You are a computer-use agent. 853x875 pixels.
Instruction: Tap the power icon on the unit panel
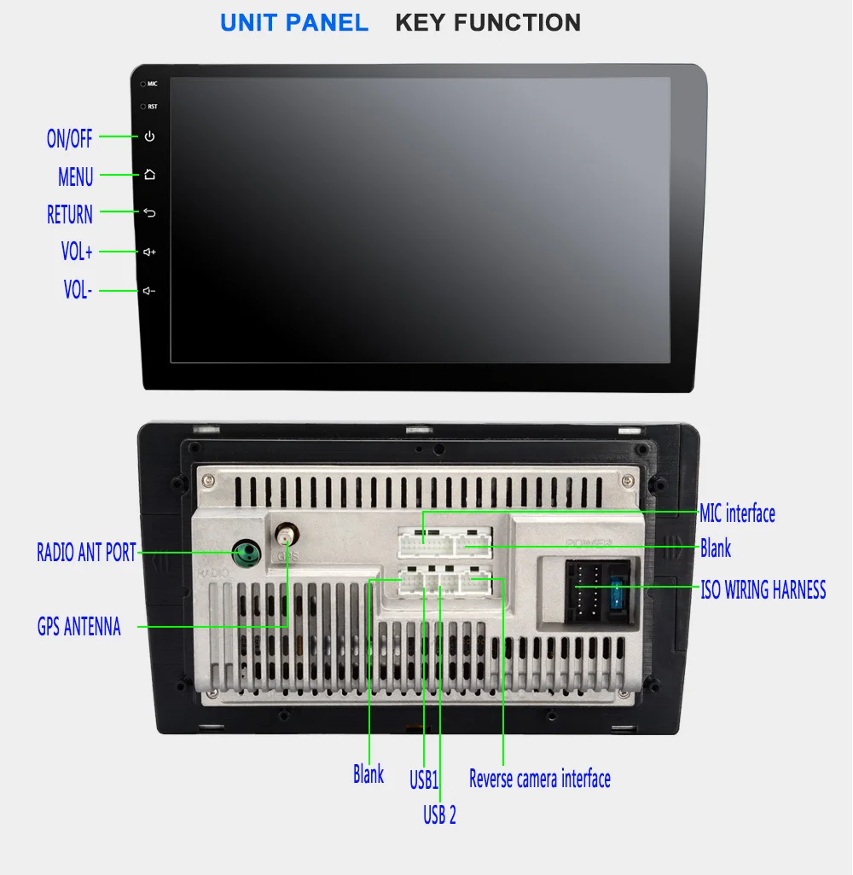[x=150, y=136]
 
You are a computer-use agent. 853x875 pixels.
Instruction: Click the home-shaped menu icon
[x=150, y=175]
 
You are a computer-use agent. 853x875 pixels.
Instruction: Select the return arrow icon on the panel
[x=150, y=213]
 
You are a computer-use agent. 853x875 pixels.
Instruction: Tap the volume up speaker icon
[x=150, y=252]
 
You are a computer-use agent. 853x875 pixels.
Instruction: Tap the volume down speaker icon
[x=150, y=292]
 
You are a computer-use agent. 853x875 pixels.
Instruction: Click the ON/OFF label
[x=69, y=138]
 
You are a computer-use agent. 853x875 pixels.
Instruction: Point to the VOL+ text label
[x=77, y=252]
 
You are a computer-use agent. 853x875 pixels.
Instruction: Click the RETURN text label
[x=70, y=214]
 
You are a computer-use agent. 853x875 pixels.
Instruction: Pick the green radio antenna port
[x=247, y=553]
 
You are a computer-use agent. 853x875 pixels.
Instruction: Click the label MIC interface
[x=737, y=513]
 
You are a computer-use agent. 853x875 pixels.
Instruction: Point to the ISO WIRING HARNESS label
[x=763, y=589]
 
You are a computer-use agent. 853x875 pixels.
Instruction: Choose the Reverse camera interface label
[x=540, y=778]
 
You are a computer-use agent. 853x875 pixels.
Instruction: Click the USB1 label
[x=423, y=779]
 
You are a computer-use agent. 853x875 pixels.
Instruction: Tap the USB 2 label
[x=439, y=814]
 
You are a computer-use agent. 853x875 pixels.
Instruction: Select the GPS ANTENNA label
[x=79, y=628]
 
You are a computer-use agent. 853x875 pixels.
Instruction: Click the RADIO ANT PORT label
[x=86, y=553]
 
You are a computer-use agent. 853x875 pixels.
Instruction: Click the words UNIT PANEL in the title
[x=294, y=23]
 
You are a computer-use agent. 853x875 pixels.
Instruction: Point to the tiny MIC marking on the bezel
[x=152, y=84]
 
